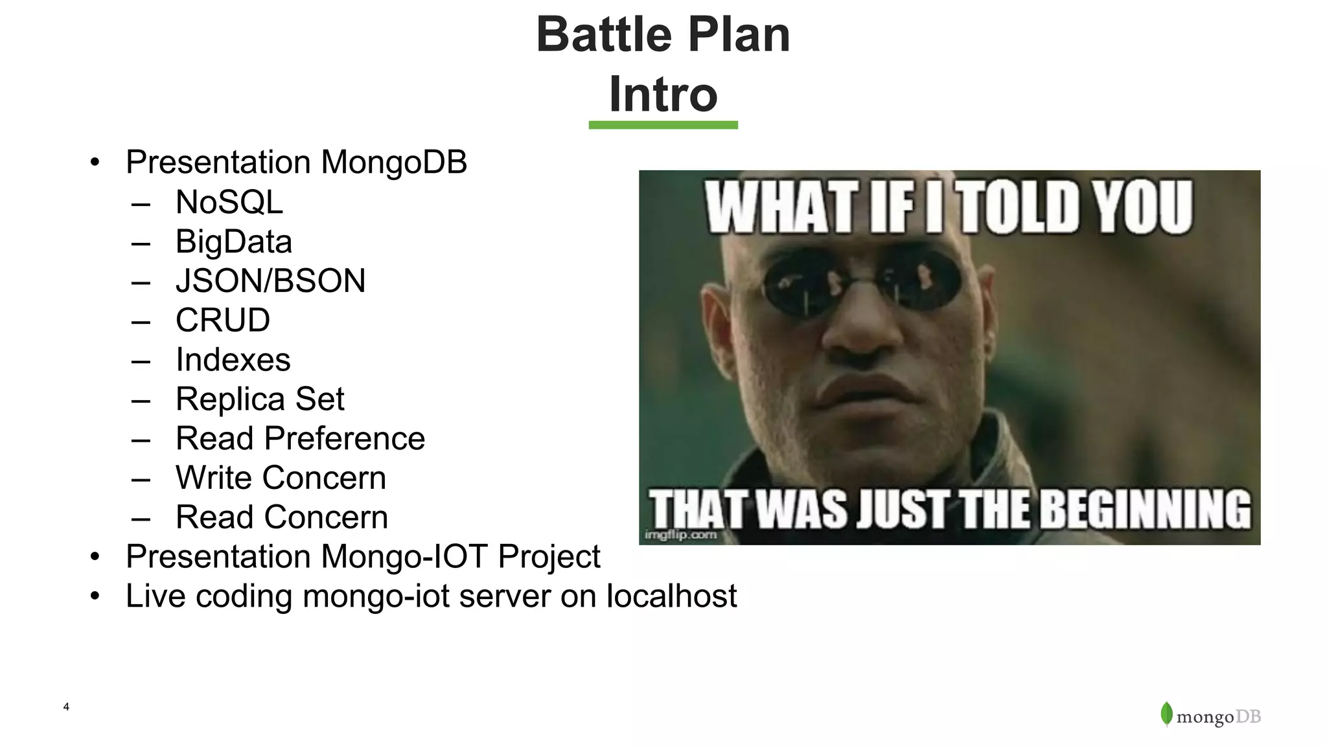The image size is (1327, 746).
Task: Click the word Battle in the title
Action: [596, 35]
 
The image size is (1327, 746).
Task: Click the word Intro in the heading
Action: [663, 95]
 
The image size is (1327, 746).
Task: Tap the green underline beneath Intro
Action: [663, 125]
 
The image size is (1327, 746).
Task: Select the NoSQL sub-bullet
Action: [229, 202]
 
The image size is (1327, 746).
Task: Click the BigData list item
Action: [233, 242]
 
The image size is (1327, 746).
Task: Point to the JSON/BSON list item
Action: [270, 281]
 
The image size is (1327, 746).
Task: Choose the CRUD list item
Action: [222, 321]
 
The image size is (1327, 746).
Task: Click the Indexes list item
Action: [233, 360]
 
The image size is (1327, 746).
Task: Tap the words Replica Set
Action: [259, 399]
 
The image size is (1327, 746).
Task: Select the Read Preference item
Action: [300, 438]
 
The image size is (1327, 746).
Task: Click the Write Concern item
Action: [281, 478]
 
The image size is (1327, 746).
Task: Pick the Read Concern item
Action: [281, 517]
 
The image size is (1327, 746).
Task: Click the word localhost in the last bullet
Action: [671, 596]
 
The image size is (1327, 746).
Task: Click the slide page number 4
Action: [66, 706]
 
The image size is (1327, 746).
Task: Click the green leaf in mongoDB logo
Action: [1166, 714]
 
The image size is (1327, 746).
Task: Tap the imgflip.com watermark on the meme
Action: [680, 535]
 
